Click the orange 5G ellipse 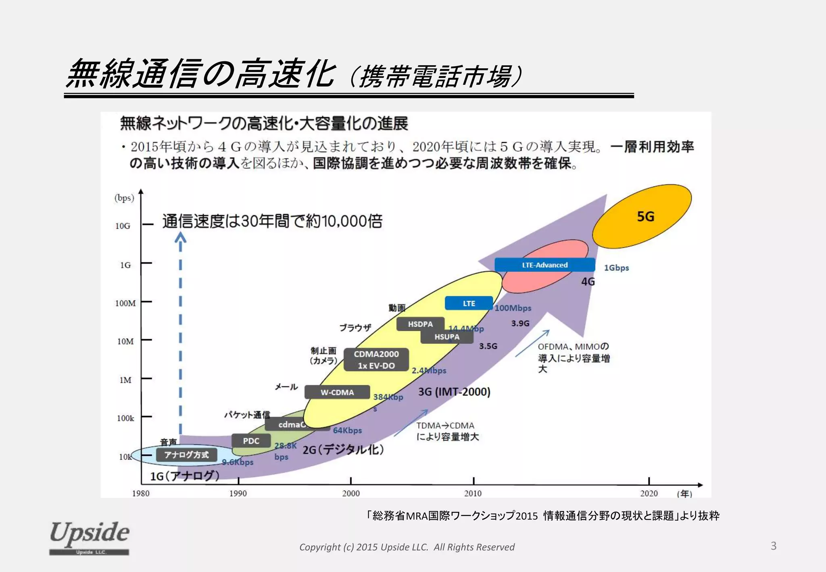642,216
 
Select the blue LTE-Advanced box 544,265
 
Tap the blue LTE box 469,303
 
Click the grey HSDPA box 420,324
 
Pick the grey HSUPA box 447,337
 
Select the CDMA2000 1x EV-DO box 376,359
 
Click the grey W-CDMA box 337,392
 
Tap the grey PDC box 251,441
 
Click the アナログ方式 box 186,455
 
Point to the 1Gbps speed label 616,268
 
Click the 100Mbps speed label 513,308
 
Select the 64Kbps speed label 347,430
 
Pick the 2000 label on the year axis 351,493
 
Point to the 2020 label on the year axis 649,493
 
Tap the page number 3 773,546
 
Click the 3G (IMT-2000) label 454,392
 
